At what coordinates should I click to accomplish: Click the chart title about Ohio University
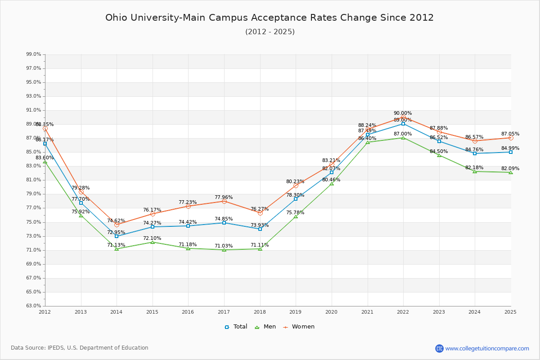270,18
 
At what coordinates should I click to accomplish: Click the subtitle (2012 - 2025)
270,31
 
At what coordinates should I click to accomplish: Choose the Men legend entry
265,327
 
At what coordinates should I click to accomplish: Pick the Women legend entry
299,327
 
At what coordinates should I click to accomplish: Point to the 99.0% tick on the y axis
34,54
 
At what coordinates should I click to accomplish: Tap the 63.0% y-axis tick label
34,306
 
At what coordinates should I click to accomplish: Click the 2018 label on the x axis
260,311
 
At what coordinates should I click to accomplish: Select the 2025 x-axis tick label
510,311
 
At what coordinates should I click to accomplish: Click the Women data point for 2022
403,118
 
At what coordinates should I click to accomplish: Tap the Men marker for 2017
224,250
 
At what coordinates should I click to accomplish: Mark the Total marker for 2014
117,236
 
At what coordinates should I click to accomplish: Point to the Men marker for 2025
511,172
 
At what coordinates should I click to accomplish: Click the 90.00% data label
403,113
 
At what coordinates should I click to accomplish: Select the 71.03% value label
224,246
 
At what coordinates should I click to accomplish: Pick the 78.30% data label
295,195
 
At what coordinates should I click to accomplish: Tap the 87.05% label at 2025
510,134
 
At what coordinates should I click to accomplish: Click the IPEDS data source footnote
80,348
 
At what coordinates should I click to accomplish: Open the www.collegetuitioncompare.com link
487,348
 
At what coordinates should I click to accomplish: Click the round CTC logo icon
439,348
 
